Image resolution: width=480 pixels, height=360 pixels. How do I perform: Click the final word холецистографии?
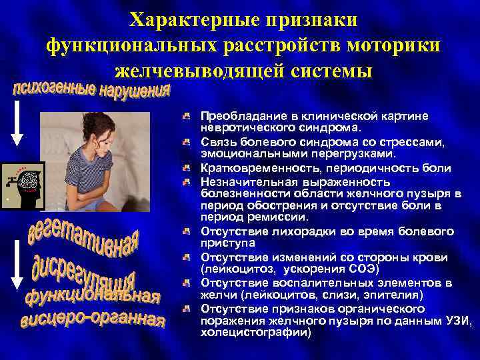tap(253, 331)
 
